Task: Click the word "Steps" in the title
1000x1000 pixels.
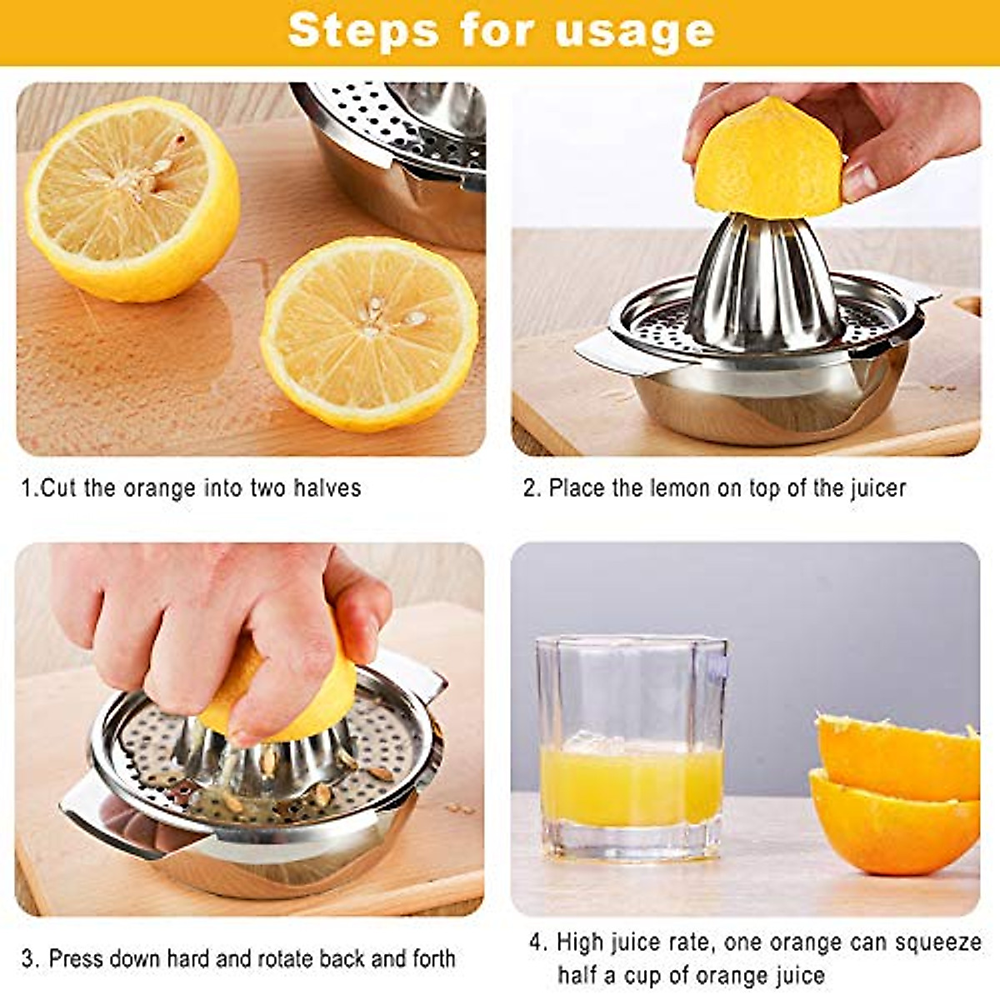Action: coord(362,31)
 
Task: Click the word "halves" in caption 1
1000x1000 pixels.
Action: coord(327,487)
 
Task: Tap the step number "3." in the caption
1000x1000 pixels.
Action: coord(30,958)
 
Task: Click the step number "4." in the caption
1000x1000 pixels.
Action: coord(538,942)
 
